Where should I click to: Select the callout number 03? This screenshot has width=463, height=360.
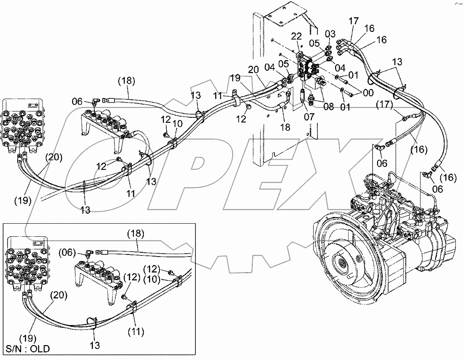[330, 33]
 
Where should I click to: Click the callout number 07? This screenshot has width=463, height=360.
[309, 116]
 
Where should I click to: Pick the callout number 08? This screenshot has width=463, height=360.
[328, 107]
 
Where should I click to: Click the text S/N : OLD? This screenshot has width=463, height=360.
[27, 349]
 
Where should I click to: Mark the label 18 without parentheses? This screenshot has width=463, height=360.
[285, 127]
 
